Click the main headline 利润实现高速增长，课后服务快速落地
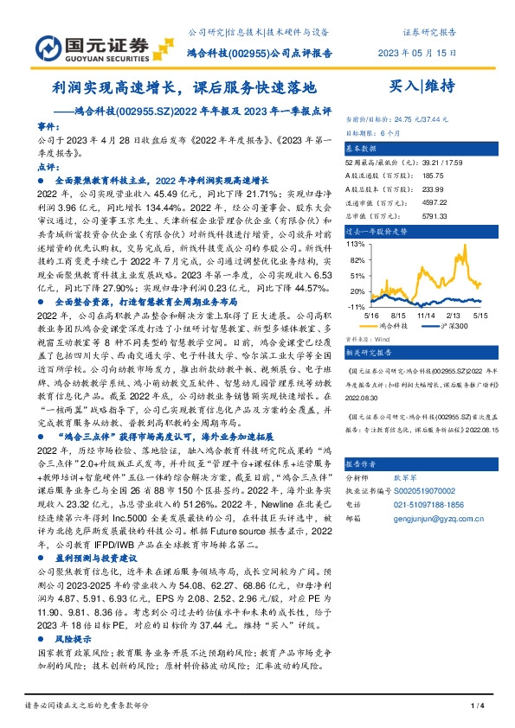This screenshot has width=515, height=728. coord(184,87)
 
